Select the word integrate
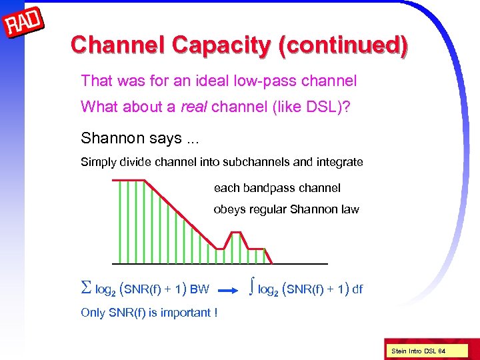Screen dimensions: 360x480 341,162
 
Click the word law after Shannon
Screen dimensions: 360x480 349,209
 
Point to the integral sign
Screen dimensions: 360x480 251,288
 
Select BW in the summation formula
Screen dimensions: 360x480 199,290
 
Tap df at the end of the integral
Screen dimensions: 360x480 357,289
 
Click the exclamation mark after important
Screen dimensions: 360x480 215,313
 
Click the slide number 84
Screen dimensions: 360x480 441,351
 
